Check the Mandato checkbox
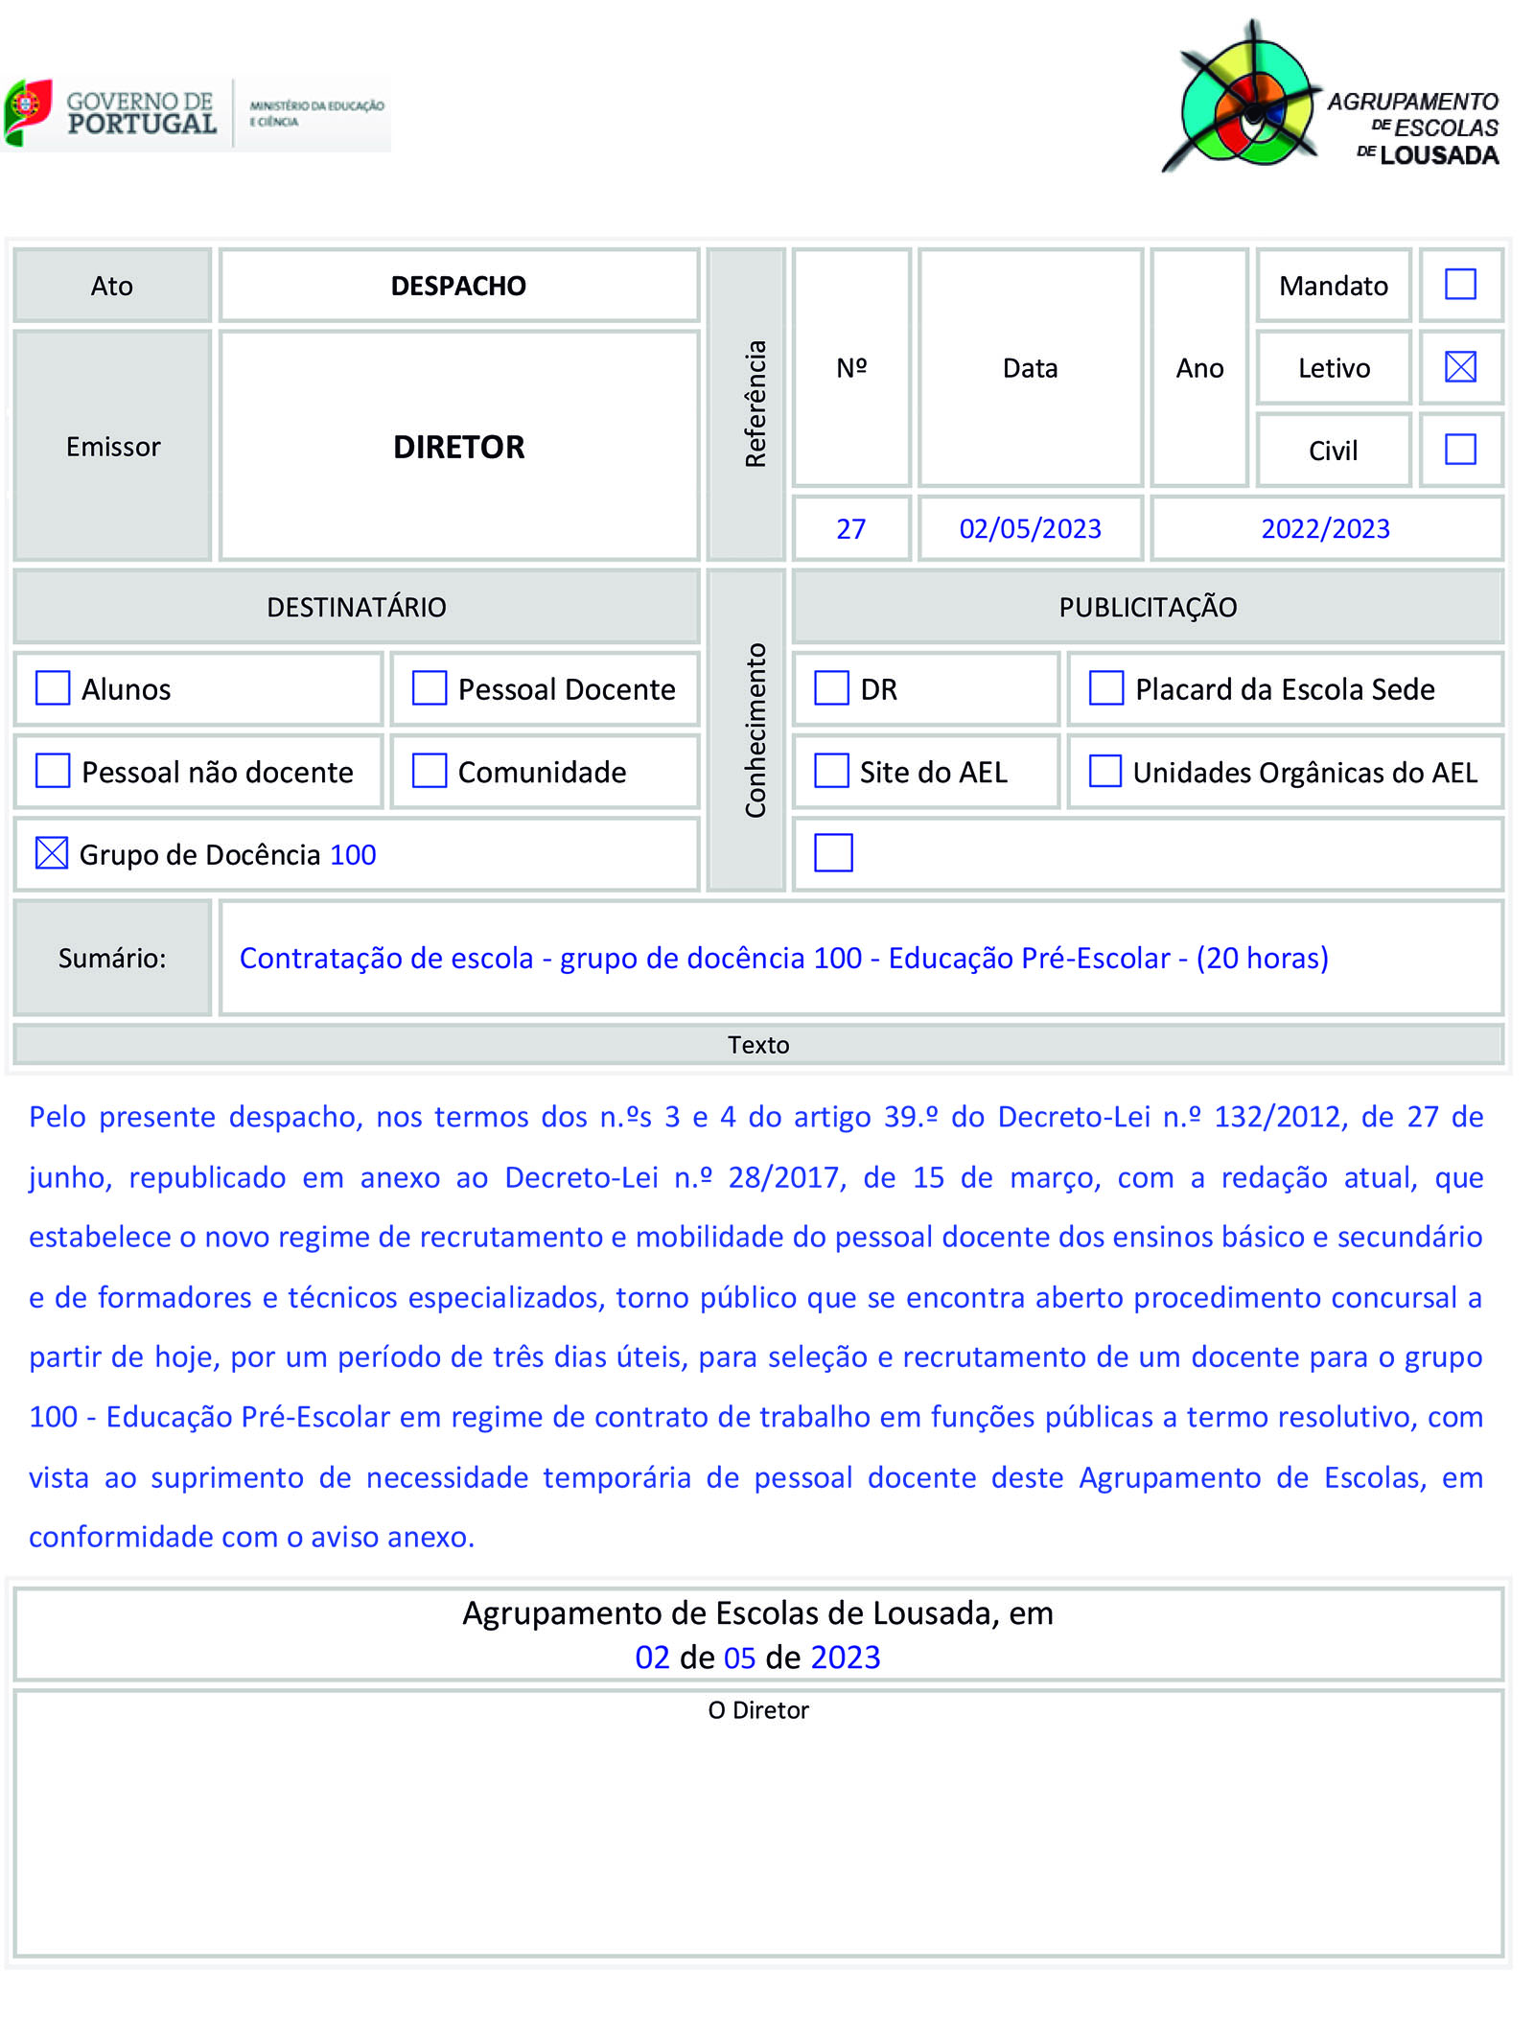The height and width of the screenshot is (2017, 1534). [x=1460, y=285]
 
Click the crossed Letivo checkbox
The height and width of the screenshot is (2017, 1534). [x=1460, y=367]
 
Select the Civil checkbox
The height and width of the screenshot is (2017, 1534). [x=1460, y=450]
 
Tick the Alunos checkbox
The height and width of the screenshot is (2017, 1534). [x=53, y=688]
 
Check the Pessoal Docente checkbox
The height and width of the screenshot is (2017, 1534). [x=430, y=688]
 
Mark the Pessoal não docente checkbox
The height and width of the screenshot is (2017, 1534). [x=53, y=771]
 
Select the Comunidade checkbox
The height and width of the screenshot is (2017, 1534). [x=430, y=771]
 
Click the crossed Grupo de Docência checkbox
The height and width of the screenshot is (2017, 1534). [x=52, y=853]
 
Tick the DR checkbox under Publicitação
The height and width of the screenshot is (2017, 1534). [x=831, y=688]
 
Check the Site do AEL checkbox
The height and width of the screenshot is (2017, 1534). [x=831, y=771]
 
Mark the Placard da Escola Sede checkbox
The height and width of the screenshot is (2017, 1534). [x=1106, y=688]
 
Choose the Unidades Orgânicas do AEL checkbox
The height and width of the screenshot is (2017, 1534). [x=1105, y=771]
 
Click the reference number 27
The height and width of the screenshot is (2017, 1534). [x=850, y=529]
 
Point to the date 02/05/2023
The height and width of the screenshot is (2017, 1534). [x=1030, y=529]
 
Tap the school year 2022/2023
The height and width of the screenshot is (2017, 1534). [x=1325, y=529]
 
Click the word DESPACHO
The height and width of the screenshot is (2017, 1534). [x=458, y=286]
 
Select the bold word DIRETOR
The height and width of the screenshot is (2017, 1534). [x=458, y=448]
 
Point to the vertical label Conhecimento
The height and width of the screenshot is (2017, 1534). [x=756, y=730]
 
